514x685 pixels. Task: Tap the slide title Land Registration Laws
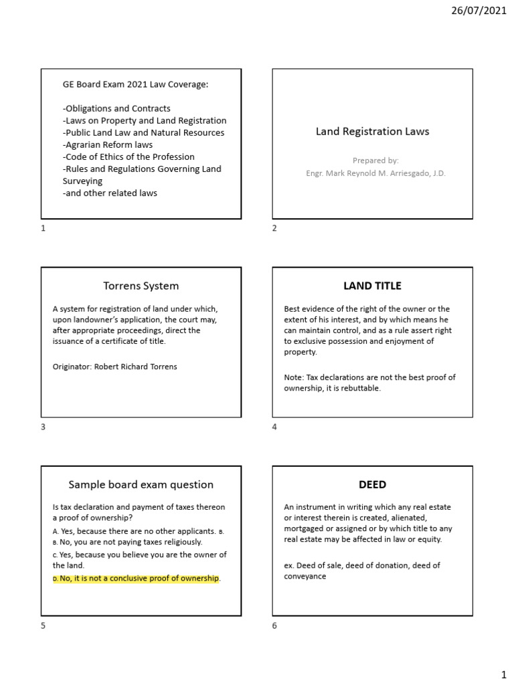point(372,132)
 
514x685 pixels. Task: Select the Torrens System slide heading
point(141,286)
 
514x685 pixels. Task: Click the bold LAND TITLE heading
point(372,286)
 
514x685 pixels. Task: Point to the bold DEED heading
point(372,484)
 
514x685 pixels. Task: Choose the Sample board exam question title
point(141,484)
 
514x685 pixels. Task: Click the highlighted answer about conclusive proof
point(139,578)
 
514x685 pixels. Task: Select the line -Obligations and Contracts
point(116,108)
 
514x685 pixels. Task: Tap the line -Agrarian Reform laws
point(108,144)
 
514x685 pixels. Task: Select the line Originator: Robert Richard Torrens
point(114,367)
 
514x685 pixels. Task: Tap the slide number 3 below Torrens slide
point(44,427)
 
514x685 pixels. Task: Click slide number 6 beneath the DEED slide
point(274,625)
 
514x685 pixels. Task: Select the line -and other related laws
point(110,193)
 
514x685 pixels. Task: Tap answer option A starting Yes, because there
point(134,531)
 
